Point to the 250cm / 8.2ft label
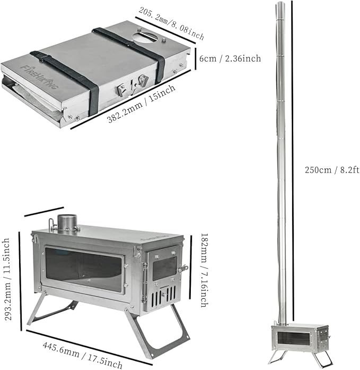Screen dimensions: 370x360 click(x=332, y=170)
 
